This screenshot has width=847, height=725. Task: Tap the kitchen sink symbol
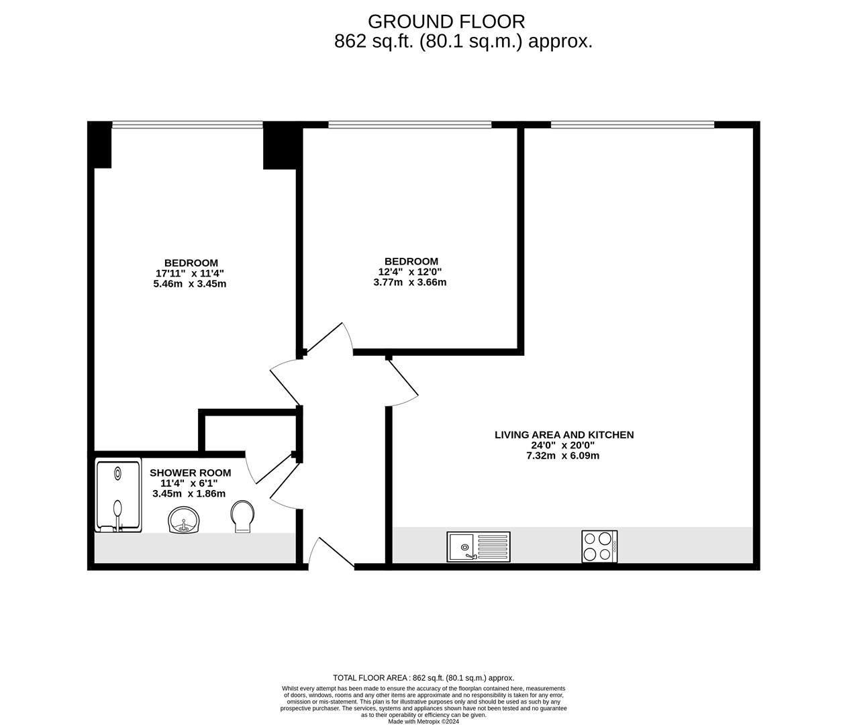[478, 546]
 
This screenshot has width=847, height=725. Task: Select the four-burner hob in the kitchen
[599, 546]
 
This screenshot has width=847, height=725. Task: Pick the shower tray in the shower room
[118, 495]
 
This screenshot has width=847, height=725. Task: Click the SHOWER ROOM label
[190, 473]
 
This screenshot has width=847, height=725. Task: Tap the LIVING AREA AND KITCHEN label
[564, 435]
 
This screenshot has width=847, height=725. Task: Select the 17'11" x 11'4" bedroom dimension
[190, 273]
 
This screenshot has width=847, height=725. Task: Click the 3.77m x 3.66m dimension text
[409, 283]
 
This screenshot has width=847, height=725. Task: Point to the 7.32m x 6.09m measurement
[562, 456]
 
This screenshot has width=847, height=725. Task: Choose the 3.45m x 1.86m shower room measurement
[189, 493]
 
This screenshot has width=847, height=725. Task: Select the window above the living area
[632, 124]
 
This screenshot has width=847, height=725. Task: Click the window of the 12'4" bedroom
[409, 124]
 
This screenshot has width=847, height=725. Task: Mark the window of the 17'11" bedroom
[187, 124]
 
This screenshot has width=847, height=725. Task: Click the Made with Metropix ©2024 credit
[423, 722]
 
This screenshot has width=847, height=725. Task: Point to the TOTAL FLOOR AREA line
[423, 678]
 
